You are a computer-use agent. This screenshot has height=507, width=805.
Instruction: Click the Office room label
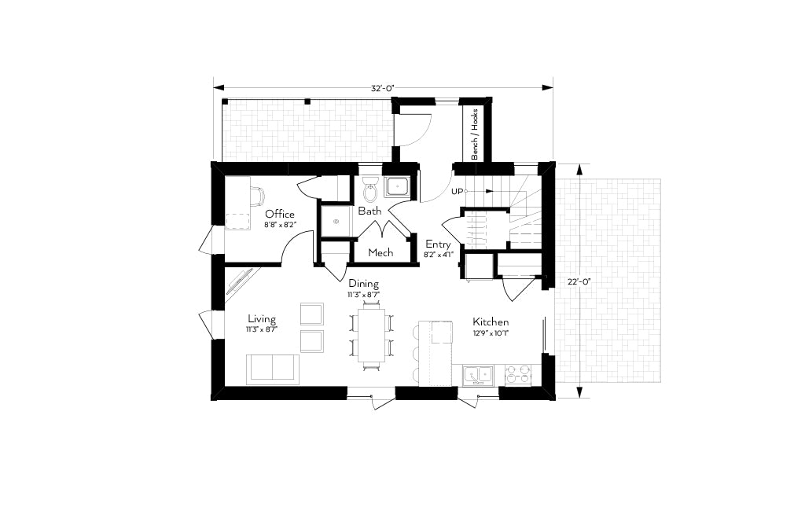pyautogui.click(x=280, y=214)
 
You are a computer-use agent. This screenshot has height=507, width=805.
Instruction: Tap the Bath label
pyautogui.click(x=369, y=211)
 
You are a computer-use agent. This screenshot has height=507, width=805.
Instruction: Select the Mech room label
pyautogui.click(x=381, y=252)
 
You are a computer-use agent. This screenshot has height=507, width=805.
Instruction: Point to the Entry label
pyautogui.click(x=438, y=244)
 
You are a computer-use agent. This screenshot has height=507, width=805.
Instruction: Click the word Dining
pyautogui.click(x=363, y=283)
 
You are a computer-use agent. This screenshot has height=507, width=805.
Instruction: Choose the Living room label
pyautogui.click(x=262, y=319)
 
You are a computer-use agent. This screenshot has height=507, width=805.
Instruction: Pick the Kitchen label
pyautogui.click(x=491, y=322)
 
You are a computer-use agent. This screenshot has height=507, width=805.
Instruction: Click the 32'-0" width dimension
pyautogui.click(x=383, y=88)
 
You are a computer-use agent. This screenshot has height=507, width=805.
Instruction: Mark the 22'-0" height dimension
pyautogui.click(x=579, y=281)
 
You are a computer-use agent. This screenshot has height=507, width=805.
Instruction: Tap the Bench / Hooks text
pyautogui.click(x=475, y=134)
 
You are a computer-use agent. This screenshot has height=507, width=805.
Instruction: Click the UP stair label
pyautogui.click(x=457, y=192)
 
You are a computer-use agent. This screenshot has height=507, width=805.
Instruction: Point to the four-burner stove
pyautogui.click(x=517, y=376)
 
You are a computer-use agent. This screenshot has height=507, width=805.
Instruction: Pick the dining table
pyautogui.click(x=371, y=334)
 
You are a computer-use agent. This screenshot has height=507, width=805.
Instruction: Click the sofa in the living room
pyautogui.click(x=272, y=369)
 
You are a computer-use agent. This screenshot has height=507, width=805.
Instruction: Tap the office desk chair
pyautogui.click(x=258, y=196)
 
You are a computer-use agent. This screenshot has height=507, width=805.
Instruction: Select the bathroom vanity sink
pyautogui.click(x=397, y=186)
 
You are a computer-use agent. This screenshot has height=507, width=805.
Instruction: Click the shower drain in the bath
pyautogui.click(x=336, y=222)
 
